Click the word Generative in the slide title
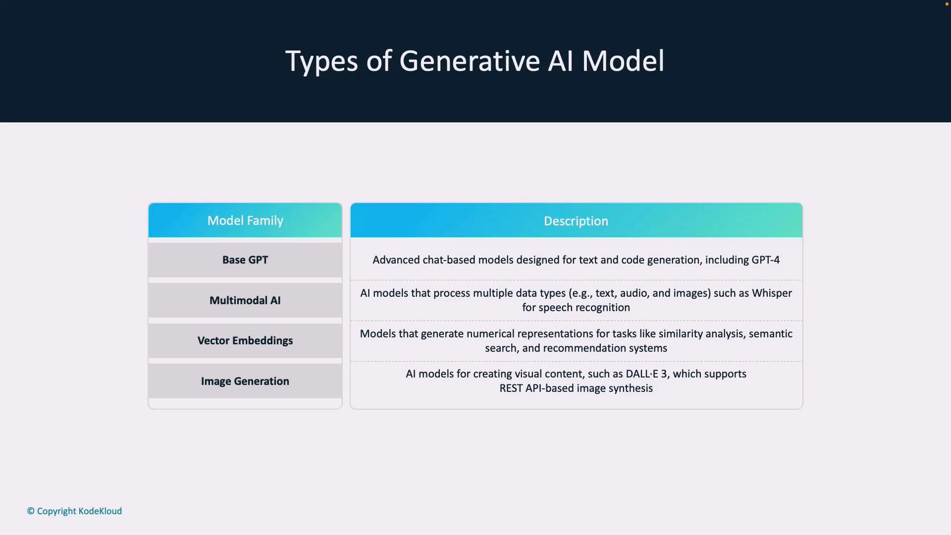coord(469,61)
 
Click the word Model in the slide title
coord(623,61)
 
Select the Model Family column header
coord(245,221)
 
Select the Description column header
coord(576,221)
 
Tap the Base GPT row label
coord(245,260)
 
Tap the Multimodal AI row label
coord(245,301)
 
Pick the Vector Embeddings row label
coord(245,341)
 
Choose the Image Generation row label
coord(245,381)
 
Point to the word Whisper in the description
coord(772,293)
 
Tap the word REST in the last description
coord(511,388)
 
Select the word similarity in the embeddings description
coord(681,334)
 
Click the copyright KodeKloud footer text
coord(74,511)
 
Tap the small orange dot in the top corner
coord(947,4)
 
